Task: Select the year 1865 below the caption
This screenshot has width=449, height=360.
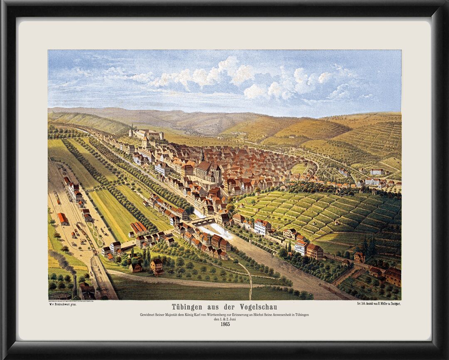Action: [225, 324]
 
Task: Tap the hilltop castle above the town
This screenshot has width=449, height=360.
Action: [146, 134]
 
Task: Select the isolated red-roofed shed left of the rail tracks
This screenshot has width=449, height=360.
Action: [62, 218]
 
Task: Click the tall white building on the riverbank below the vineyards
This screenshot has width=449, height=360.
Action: [262, 227]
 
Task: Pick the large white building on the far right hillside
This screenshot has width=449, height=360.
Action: [377, 171]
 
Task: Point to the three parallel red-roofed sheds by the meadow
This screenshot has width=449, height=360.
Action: [138, 227]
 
